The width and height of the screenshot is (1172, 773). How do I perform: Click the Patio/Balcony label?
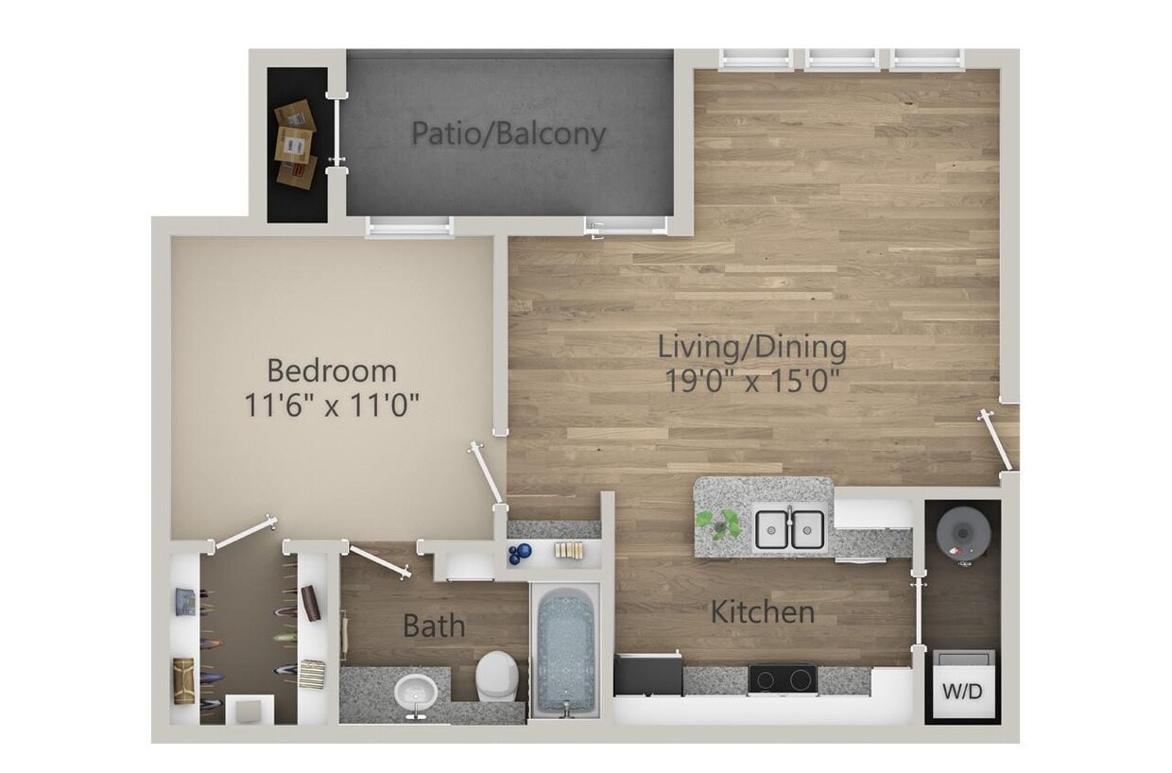click(508, 134)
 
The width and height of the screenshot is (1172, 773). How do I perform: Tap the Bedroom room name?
click(332, 369)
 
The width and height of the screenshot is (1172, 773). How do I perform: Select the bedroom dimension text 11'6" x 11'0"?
click(332, 405)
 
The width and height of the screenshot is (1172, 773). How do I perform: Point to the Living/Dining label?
click(752, 348)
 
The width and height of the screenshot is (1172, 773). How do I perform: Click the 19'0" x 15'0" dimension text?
click(752, 383)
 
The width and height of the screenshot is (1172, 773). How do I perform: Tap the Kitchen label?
click(763, 611)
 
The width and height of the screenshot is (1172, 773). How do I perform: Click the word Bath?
click(434, 626)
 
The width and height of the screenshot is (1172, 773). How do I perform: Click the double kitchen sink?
click(789, 529)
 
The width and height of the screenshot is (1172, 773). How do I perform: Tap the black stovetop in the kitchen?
click(783, 679)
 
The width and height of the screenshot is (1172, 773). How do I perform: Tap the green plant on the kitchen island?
click(718, 523)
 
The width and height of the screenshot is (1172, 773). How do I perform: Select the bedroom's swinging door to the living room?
click(489, 474)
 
